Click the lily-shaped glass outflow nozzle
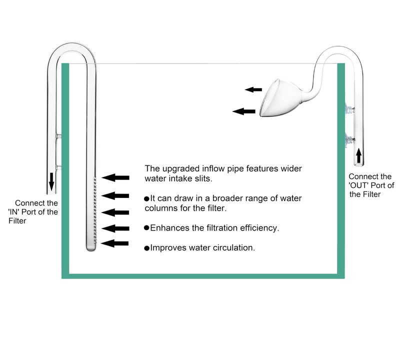280,98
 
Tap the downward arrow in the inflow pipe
51,181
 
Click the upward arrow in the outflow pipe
358,156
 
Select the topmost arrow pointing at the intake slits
115,177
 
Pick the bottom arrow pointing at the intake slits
115,243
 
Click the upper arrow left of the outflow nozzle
253,89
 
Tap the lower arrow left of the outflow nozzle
244,111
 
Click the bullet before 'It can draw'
146,199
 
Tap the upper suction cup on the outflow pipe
348,108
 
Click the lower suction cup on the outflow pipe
348,139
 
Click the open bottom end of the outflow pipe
358,164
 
